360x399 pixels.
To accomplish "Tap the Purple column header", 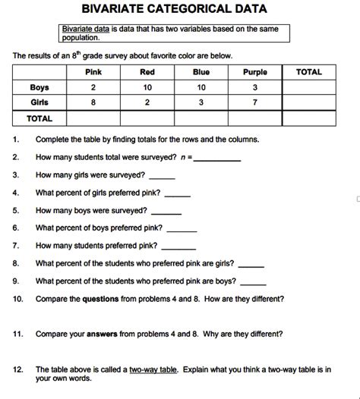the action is coord(254,72).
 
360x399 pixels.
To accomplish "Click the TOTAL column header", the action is coord(309,72).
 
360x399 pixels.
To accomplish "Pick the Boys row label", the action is coord(39,87).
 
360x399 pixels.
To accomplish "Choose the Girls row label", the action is coord(39,102).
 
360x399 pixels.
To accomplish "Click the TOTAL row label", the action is coord(39,118).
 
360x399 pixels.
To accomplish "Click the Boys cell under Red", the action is coord(147,87).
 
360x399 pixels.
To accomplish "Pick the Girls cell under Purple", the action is coord(254,102).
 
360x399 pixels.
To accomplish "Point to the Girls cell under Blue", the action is coord(201,102).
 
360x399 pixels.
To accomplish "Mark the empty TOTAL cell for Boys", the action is coord(309,87).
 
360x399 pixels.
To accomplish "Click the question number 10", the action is coord(18,298).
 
